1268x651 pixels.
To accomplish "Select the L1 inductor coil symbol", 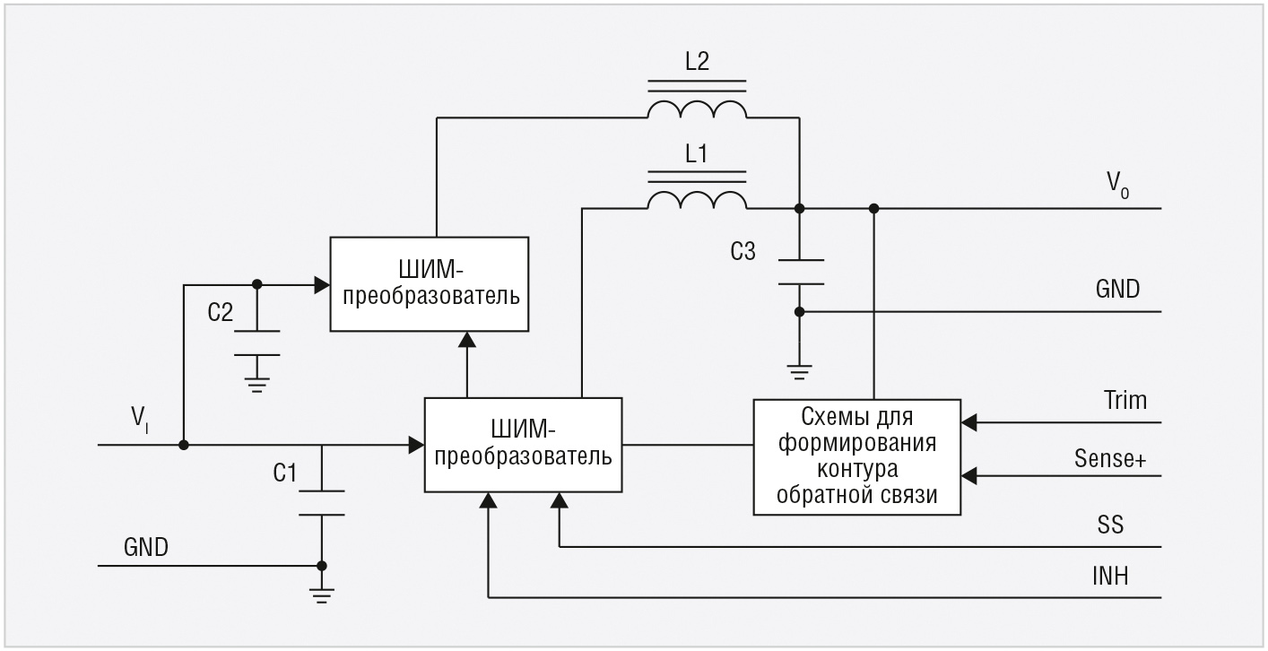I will click(x=696, y=199).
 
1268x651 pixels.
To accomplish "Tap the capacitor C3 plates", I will click(x=798, y=272).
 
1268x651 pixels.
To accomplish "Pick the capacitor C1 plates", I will click(x=321, y=502).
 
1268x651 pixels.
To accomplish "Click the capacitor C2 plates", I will click(x=257, y=342).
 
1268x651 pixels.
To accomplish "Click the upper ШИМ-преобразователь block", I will click(x=429, y=284).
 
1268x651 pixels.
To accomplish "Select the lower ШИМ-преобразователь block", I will click(x=523, y=445).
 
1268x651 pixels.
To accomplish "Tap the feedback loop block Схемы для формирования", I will click(x=856, y=456).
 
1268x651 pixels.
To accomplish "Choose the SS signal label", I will click(x=1109, y=524).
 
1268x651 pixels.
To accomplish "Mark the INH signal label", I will click(x=1109, y=576).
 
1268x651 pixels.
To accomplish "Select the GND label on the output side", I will click(x=1116, y=289).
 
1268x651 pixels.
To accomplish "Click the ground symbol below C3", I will click(x=799, y=369).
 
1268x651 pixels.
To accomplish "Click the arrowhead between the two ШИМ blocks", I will click(x=467, y=339).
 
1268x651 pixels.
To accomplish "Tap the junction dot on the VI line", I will click(x=183, y=445).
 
